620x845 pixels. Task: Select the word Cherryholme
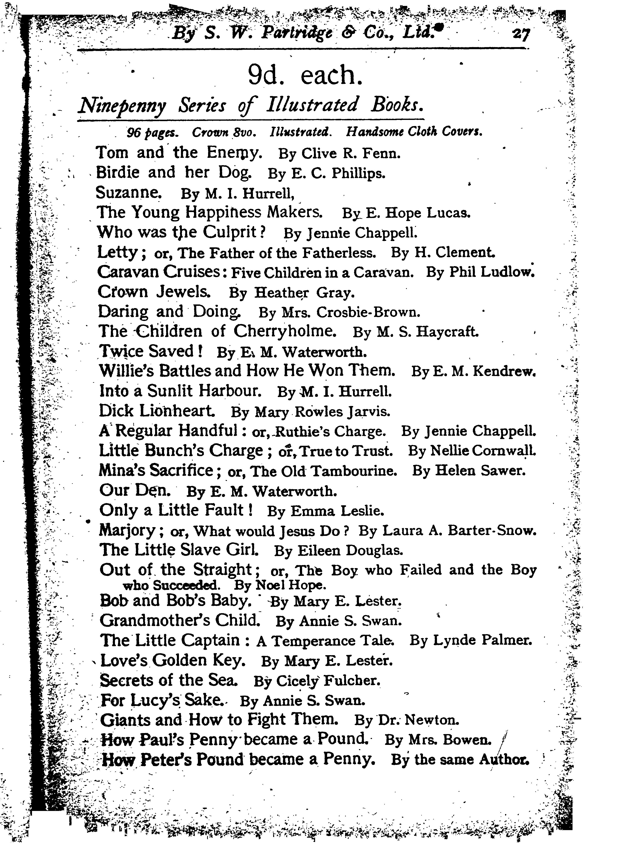(285, 331)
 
